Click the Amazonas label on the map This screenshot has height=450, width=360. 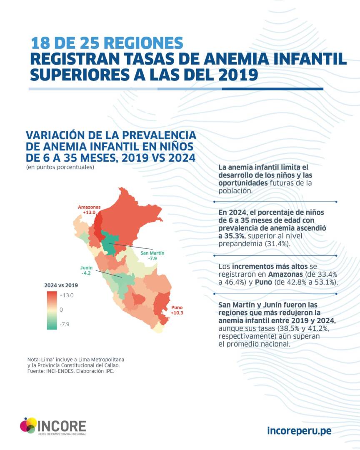[89, 207]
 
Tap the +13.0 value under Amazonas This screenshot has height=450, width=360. [89, 212]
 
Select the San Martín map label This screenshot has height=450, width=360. [152, 253]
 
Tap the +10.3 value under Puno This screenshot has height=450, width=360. [177, 312]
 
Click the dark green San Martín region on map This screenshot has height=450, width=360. [110, 244]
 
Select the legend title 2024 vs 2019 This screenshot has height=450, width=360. [61, 286]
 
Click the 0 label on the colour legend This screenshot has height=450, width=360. [61, 310]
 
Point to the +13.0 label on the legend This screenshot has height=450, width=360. [67, 295]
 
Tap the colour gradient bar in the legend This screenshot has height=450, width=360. [52, 310]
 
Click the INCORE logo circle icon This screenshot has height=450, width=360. [28, 425]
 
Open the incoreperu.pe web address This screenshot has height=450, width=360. [299, 430]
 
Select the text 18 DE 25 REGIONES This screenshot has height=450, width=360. [107, 43]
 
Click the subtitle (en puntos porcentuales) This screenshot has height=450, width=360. [60, 167]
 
